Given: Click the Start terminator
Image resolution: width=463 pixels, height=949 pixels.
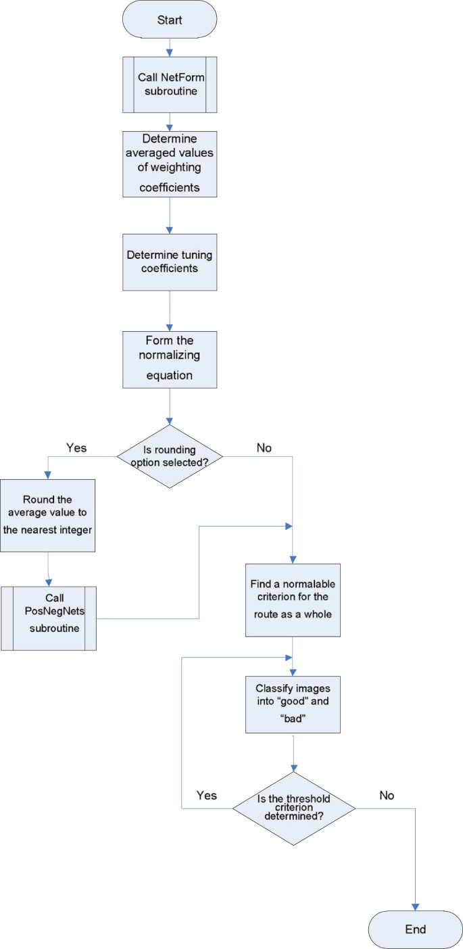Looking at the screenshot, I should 169,20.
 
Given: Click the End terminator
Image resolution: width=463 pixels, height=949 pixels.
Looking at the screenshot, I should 415,929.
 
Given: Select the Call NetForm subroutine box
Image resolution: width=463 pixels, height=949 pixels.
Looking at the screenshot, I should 169,84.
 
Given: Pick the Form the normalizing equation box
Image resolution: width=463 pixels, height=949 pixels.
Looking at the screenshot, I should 169,359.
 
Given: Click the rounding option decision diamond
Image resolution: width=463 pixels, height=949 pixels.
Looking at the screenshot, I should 169,457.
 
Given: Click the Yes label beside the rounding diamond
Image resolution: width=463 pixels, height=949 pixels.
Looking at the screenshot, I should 76,447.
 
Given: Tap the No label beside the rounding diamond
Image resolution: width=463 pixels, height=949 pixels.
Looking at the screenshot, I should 264,447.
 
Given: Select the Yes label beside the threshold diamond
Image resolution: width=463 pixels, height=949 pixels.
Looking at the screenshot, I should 207,795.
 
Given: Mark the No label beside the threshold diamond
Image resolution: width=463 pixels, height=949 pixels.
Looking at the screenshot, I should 386,795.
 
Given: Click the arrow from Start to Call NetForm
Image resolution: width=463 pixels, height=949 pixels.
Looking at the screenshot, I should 169,47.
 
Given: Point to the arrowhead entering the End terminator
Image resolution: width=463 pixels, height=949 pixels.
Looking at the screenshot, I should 415,905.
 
